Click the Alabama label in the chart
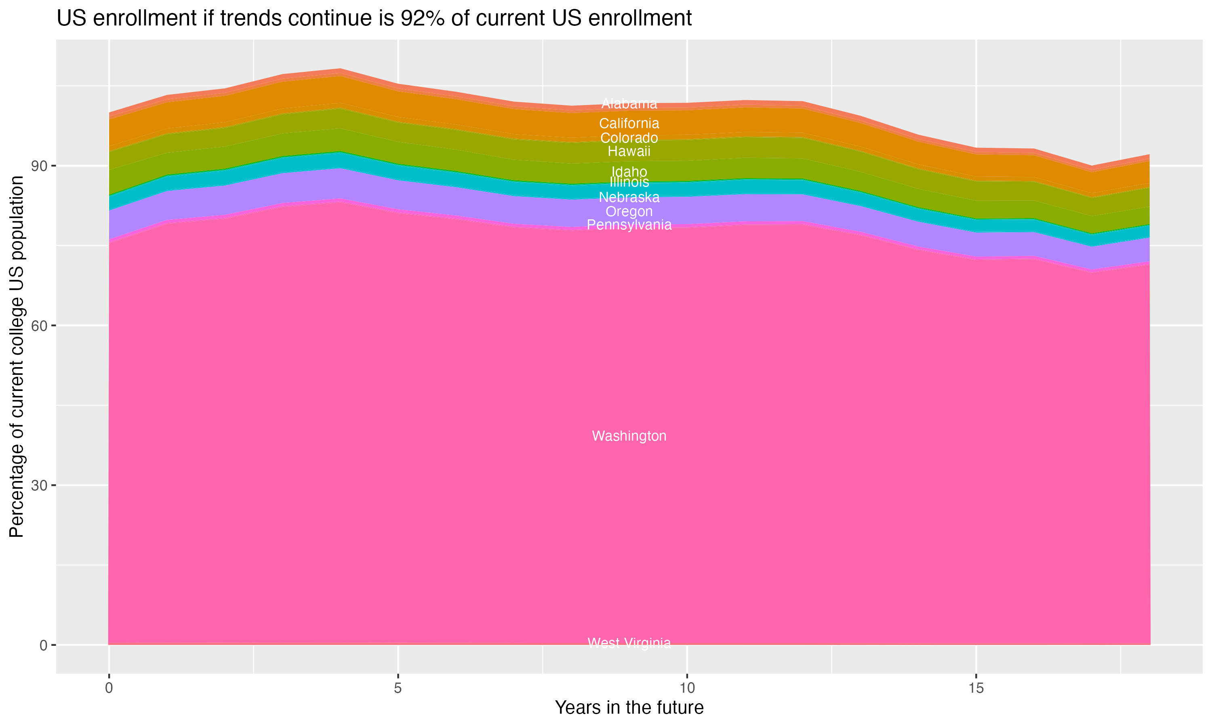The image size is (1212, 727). [x=629, y=104]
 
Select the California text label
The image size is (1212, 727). [x=629, y=124]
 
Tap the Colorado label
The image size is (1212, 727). [x=629, y=138]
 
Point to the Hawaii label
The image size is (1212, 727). [x=629, y=151]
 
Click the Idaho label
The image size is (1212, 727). [x=629, y=172]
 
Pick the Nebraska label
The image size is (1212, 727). [x=629, y=198]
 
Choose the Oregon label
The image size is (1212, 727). [x=629, y=212]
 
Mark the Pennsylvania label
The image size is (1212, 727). [x=629, y=225]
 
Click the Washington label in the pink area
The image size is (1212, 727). [x=629, y=436]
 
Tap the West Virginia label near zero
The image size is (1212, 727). [x=629, y=643]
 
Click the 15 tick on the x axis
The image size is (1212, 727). [x=976, y=688]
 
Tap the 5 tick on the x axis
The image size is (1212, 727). [x=398, y=688]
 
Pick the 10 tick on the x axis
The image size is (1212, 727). [x=687, y=688]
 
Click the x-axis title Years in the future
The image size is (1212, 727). [x=629, y=707]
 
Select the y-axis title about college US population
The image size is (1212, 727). [x=17, y=356]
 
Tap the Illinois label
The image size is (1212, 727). [x=629, y=182]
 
